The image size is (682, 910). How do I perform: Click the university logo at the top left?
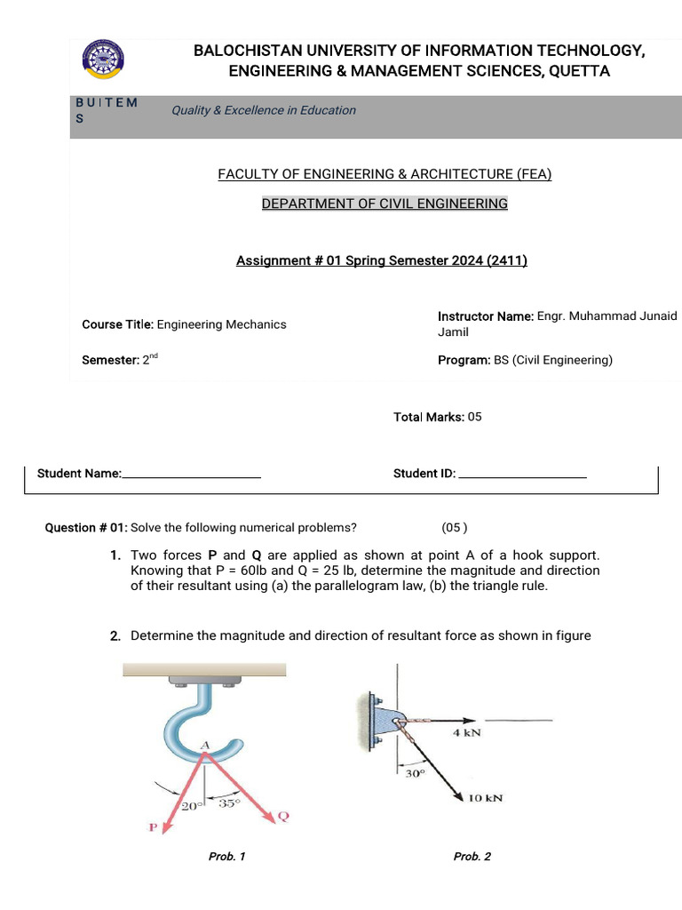(x=102, y=60)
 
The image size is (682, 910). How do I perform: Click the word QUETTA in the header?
(x=580, y=71)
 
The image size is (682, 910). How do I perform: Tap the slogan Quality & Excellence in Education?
(x=264, y=110)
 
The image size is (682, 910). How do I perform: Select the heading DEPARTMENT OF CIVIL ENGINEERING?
(x=385, y=204)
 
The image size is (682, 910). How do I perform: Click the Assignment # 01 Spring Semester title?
(x=382, y=261)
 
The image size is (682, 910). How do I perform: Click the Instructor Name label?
(x=485, y=316)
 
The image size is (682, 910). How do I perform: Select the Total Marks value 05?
(x=474, y=417)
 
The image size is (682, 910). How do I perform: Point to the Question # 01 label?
(x=86, y=527)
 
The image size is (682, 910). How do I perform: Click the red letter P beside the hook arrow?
(x=153, y=827)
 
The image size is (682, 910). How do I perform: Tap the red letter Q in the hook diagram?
(x=284, y=816)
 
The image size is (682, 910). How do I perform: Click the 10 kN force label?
(x=485, y=797)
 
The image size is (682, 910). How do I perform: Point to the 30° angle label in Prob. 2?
(x=416, y=773)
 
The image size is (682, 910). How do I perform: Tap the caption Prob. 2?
(x=472, y=857)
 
